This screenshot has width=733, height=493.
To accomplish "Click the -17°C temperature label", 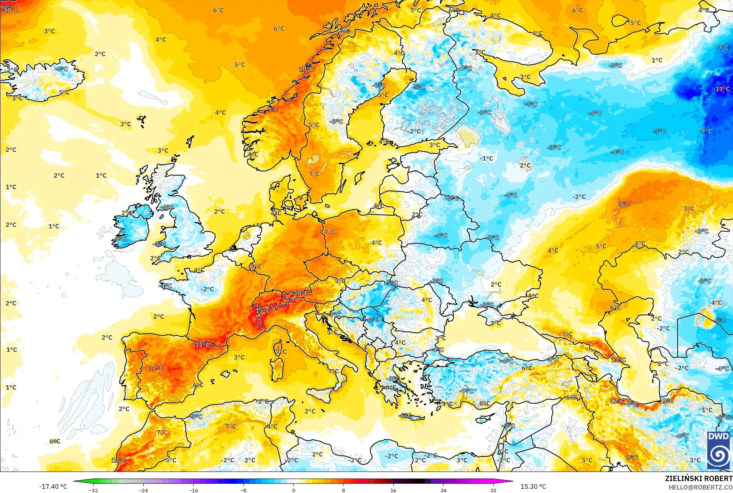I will click(x=721, y=89).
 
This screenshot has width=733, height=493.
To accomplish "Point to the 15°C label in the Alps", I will click(x=263, y=310).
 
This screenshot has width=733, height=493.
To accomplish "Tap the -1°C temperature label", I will click(x=486, y=158).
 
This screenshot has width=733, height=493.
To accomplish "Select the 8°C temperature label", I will click(x=485, y=403).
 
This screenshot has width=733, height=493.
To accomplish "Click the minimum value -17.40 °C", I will click(x=53, y=486).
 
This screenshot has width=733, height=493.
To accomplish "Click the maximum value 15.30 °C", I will click(x=533, y=486).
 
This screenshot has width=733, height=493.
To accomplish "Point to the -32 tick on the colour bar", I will click(x=94, y=490).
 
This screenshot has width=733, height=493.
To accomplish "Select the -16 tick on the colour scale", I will click(x=194, y=490).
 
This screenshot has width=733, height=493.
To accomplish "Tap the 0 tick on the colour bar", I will click(x=293, y=490).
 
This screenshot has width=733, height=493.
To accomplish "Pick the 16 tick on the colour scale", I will click(x=393, y=490).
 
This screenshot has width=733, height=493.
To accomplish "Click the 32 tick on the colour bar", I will click(x=493, y=490).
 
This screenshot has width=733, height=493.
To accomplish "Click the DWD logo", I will click(x=718, y=450).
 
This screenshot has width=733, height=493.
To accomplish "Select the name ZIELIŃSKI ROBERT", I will click(x=698, y=478).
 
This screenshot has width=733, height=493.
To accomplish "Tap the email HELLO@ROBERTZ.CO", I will click(x=700, y=487).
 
